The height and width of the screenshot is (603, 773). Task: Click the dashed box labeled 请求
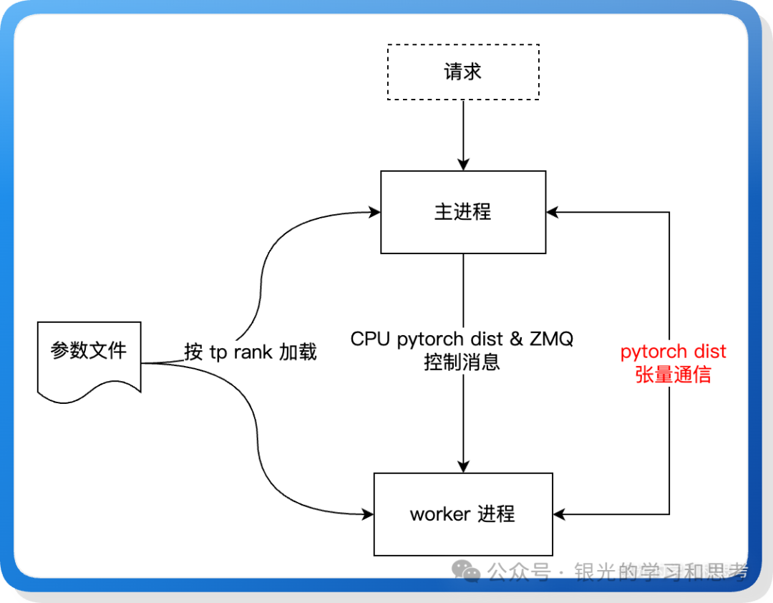(x=462, y=72)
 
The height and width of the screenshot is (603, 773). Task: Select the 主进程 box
(x=462, y=212)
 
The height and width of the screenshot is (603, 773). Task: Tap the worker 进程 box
(x=462, y=513)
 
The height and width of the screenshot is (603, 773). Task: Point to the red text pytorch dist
(x=673, y=352)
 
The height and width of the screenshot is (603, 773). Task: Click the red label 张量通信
(x=673, y=375)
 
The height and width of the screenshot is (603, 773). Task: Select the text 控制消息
(x=462, y=362)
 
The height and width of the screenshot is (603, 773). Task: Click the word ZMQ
(x=551, y=339)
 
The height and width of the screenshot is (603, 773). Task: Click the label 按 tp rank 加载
(x=250, y=352)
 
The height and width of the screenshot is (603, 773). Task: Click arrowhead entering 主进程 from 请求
(x=463, y=165)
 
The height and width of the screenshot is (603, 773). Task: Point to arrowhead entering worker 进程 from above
(x=463, y=467)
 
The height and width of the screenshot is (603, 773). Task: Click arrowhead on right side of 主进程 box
(x=552, y=212)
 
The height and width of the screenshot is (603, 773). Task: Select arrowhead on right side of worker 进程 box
(x=558, y=513)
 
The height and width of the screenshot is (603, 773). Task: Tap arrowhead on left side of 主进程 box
(x=374, y=212)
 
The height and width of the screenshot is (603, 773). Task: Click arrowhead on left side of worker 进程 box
(x=368, y=513)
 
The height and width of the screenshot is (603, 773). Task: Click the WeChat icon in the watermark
(x=470, y=571)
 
